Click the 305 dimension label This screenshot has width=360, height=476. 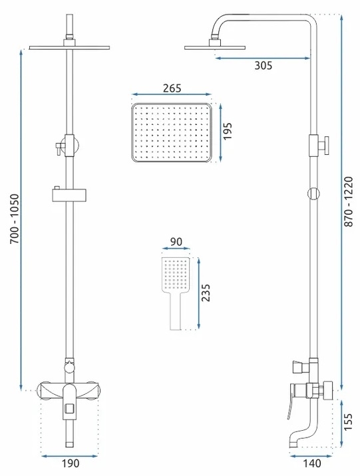point(264,65)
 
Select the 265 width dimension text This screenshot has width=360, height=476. point(172,88)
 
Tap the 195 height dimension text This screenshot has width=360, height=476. point(227,131)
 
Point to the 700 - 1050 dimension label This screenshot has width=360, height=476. point(15,219)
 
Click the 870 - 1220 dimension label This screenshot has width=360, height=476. point(349,201)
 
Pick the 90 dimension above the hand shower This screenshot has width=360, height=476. point(176,242)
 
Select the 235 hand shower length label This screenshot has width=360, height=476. point(206,293)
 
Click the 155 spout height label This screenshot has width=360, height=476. point(348,421)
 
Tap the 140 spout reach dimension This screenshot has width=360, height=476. point(312,463)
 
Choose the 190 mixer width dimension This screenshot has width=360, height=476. point(71,463)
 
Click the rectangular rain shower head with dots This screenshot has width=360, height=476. point(172,132)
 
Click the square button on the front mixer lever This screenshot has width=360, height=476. point(70,409)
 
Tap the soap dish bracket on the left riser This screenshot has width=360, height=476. point(69,195)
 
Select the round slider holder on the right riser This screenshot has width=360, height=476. point(313,193)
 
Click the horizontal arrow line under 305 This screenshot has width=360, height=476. point(263,58)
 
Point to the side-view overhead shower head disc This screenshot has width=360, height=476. point(215,48)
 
